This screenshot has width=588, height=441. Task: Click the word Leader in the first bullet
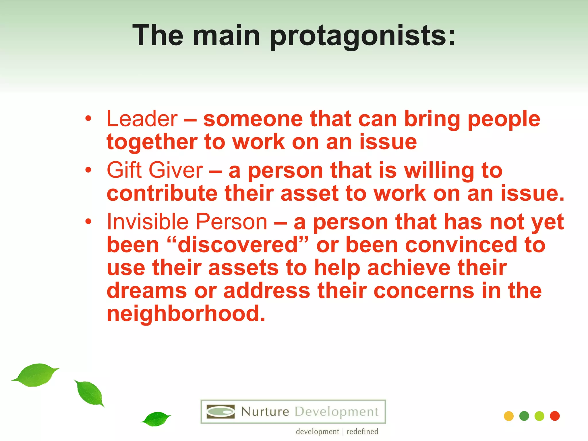[142, 119]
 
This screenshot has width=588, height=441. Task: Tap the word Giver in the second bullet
[176, 170]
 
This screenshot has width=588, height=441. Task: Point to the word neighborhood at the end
[186, 314]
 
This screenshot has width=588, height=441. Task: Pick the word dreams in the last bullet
[147, 291]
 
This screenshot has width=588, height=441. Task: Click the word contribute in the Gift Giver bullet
[162, 193]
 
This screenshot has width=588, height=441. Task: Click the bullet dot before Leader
[88, 119]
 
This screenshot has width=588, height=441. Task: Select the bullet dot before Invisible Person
[88, 221]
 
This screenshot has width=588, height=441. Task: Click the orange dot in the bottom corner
[508, 416]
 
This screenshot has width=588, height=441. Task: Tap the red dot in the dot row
[555, 416]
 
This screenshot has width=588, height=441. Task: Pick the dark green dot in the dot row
[524, 416]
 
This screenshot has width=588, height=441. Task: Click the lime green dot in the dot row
[539, 416]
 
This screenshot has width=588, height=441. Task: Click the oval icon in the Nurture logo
[220, 412]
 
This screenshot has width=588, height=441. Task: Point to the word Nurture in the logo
[265, 412]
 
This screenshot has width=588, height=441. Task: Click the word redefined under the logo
[362, 432]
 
